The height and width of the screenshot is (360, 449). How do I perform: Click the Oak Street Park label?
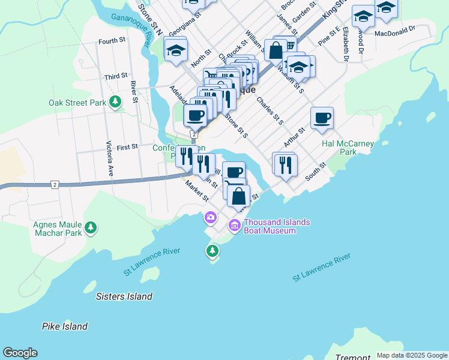click(x=77, y=103)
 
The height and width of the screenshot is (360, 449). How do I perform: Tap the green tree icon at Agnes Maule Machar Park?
click(x=91, y=227)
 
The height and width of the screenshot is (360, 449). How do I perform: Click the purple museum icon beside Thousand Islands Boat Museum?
click(x=234, y=226)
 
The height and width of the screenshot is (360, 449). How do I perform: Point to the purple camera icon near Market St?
click(x=211, y=217)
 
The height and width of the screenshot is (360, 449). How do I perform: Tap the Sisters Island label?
click(x=124, y=296)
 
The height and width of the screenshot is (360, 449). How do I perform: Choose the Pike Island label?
click(x=65, y=326)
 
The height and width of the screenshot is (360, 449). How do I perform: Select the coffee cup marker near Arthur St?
click(x=322, y=118)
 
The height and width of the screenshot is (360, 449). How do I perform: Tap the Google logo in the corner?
click(x=20, y=353)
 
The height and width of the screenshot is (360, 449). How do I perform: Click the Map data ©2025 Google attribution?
click(x=411, y=355)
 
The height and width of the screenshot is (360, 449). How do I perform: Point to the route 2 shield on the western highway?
click(x=55, y=184)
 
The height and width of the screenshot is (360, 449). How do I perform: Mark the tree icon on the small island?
click(x=212, y=250)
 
